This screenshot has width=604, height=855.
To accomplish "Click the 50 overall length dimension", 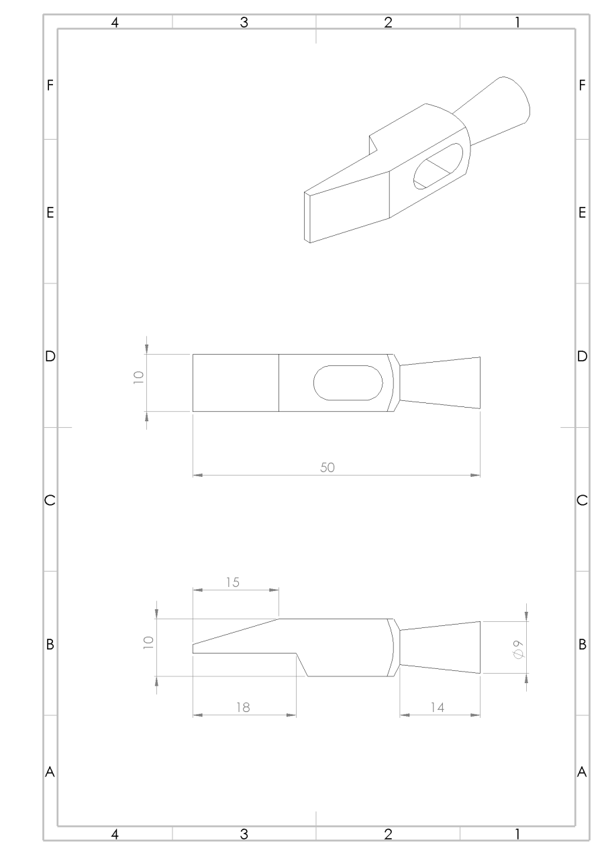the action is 328,467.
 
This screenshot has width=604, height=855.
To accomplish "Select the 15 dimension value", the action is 233,582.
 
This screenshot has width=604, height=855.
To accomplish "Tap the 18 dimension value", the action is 243,708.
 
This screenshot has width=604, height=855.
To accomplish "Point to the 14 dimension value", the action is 438,708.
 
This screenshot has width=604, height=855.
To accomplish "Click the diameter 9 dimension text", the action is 518,649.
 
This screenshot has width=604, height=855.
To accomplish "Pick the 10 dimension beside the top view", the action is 138,377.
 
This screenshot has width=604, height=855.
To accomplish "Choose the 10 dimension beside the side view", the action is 148,643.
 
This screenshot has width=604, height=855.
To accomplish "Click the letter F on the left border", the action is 50,85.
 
